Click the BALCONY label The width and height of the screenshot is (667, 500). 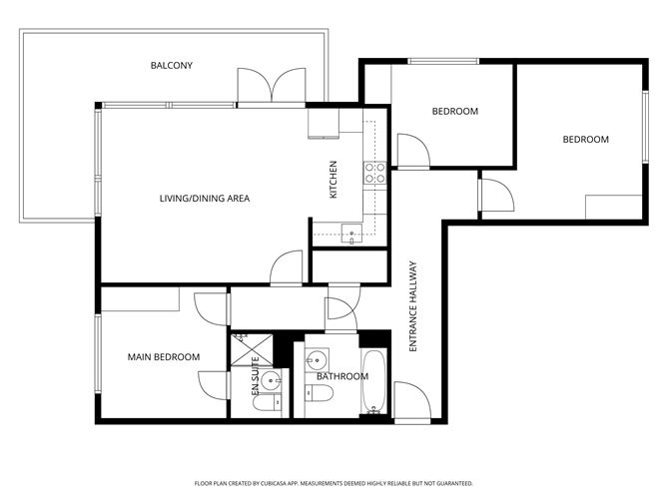click(171, 66)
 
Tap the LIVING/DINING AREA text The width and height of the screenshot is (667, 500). click(204, 199)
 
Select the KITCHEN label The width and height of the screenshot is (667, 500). click(333, 180)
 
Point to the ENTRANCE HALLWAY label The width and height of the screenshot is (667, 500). click(412, 305)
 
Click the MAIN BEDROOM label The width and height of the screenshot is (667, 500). click(163, 357)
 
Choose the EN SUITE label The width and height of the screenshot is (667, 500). click(255, 377)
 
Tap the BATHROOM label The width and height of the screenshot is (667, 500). click(341, 377)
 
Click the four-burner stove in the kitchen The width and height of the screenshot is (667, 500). click(375, 174)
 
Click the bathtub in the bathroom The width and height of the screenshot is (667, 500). click(372, 382)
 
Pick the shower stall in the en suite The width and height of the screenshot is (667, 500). click(246, 348)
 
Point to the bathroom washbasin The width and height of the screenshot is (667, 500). click(317, 358)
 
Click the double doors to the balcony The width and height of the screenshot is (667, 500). click(272, 87)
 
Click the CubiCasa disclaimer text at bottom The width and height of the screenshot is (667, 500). click(333, 482)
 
